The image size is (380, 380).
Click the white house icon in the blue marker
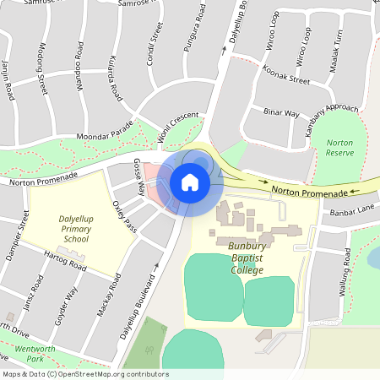pyautogui.click(x=189, y=182)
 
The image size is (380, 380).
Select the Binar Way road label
pyautogui.click(x=282, y=112)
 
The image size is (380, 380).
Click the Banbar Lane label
pyautogui.click(x=353, y=210)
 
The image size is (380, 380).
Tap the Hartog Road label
pyautogui.click(x=65, y=261)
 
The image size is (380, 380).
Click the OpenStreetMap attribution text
pyautogui.click(x=85, y=374)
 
